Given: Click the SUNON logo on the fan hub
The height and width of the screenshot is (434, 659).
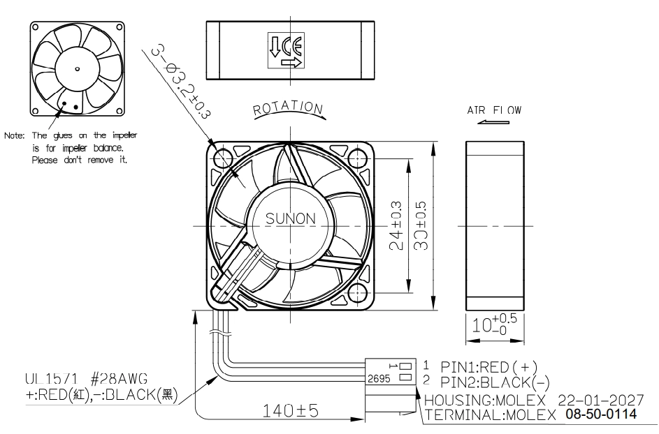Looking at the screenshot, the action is (291, 218).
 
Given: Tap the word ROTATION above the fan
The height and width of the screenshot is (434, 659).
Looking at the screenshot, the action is (289, 108).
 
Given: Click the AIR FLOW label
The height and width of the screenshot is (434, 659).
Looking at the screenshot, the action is (494, 110).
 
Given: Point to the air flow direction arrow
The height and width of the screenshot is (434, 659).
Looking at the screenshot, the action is (493, 122).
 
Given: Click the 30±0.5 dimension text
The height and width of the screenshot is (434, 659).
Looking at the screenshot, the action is (420, 226).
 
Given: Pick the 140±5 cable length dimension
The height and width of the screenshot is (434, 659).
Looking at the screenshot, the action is (291, 410).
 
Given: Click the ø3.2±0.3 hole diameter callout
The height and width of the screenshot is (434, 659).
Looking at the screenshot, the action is (182, 82).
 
